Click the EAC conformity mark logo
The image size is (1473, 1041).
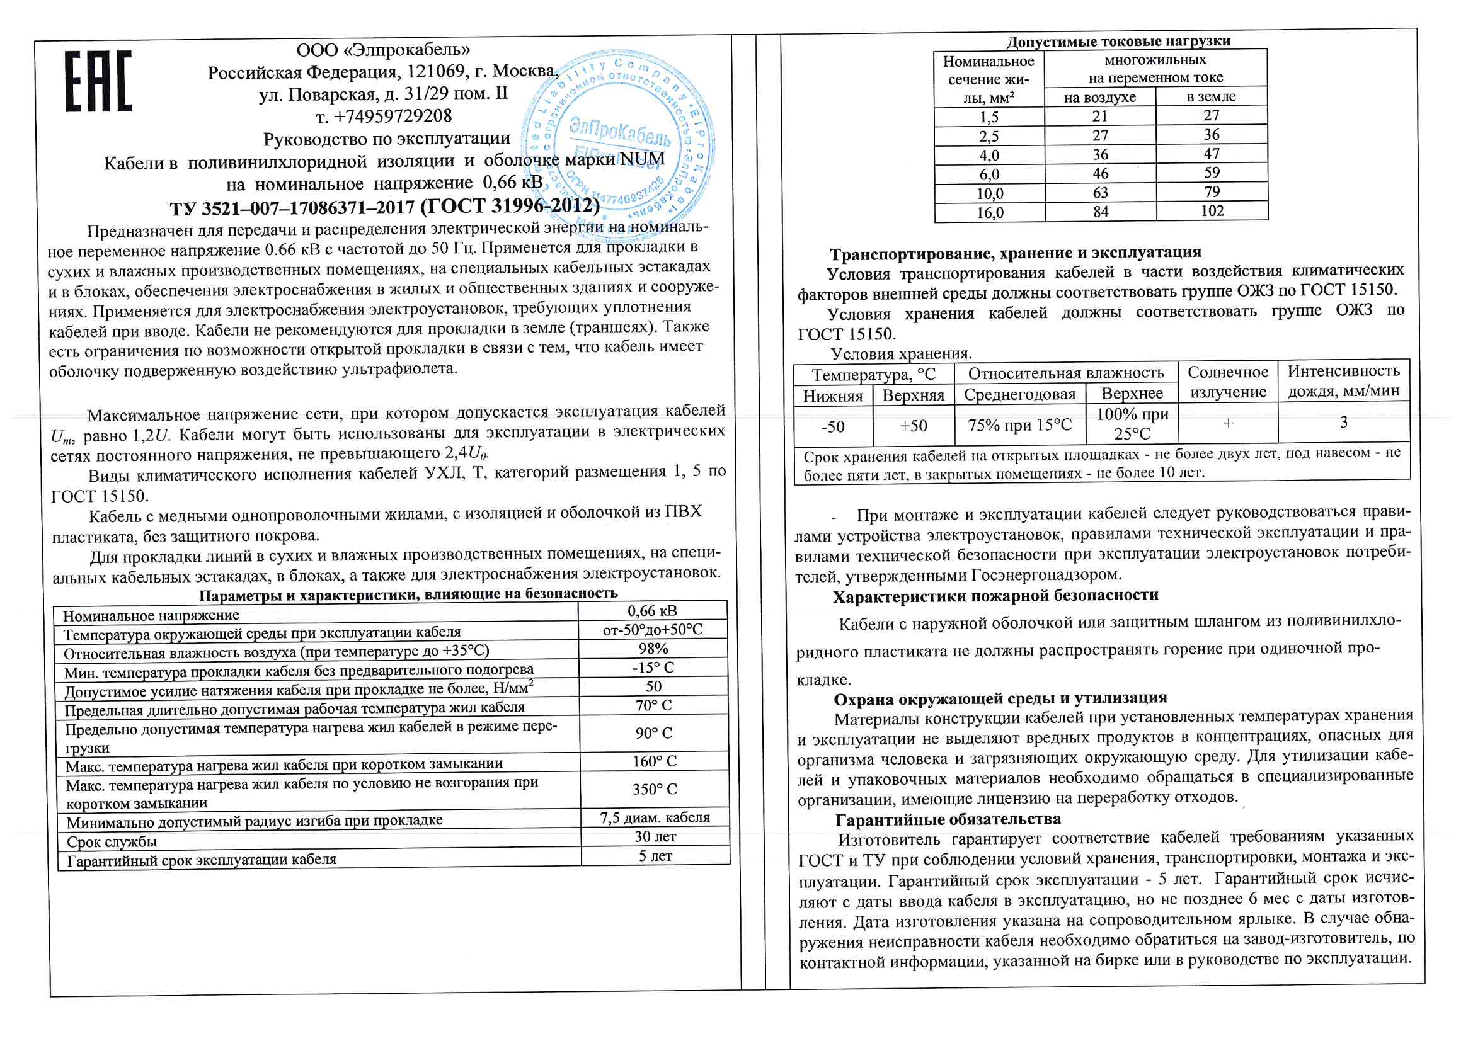(x=99, y=81)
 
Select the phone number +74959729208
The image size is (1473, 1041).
(x=384, y=116)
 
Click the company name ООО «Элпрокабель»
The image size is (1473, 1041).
(x=383, y=50)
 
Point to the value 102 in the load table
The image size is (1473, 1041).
(x=1212, y=211)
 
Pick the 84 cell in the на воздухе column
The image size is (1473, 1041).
(x=1101, y=212)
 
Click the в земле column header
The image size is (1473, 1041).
(x=1211, y=97)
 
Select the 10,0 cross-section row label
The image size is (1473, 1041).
(x=989, y=194)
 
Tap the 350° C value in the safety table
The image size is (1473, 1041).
(x=654, y=790)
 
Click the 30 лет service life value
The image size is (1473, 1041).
(x=655, y=836)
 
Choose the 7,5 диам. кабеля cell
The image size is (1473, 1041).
(x=655, y=818)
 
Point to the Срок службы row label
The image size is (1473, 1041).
(x=112, y=842)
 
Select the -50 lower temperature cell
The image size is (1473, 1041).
(x=833, y=426)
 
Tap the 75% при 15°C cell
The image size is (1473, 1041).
(x=1019, y=425)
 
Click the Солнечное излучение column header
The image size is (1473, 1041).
(x=1228, y=382)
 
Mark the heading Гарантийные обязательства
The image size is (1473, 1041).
(x=948, y=820)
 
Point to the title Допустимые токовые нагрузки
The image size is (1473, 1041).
(x=1118, y=42)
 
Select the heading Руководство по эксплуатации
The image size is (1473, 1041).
(x=387, y=139)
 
